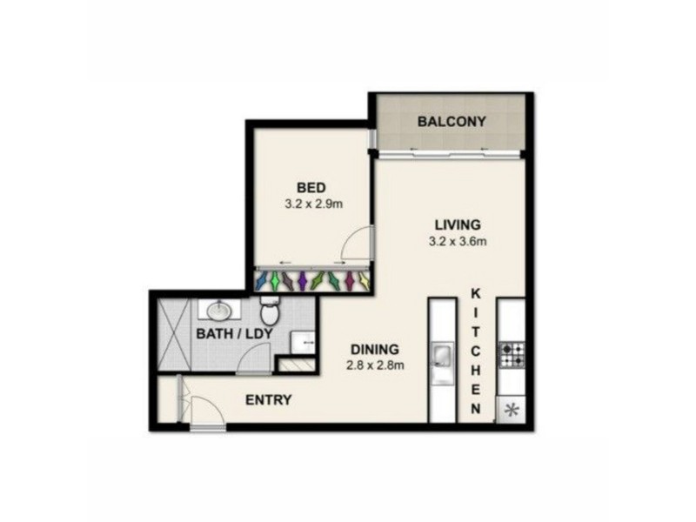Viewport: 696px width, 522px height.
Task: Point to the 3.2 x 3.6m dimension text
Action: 457,240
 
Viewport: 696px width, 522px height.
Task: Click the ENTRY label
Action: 268,400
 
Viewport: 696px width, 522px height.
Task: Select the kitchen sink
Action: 441,355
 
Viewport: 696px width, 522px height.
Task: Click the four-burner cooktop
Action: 511,355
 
